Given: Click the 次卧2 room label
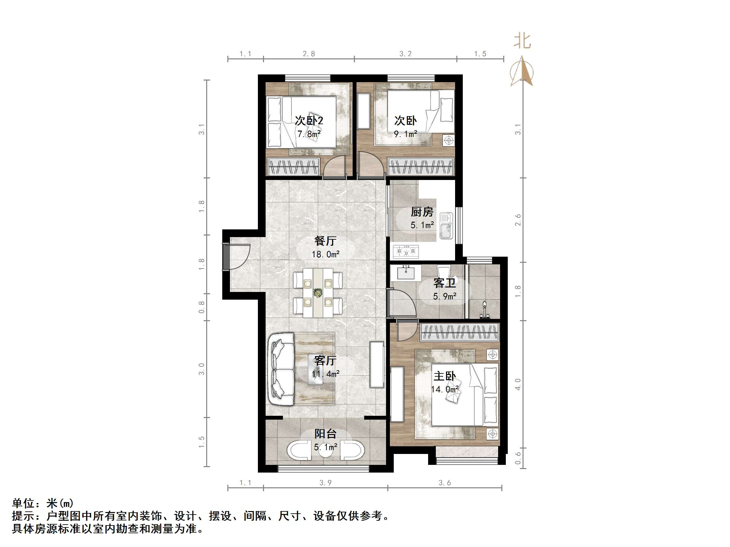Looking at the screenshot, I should tap(309, 121).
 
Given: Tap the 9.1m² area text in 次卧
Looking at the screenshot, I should tap(405, 134).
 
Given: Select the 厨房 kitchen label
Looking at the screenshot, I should tap(422, 212).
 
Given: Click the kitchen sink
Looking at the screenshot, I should tap(446, 226).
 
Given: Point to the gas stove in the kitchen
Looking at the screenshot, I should tap(406, 252).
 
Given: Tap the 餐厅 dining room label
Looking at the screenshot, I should tap(325, 241).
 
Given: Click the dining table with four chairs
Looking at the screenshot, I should tap(318, 293).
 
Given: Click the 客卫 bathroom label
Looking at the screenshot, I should tap(444, 283).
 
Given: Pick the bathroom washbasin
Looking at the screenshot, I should tap(406, 273).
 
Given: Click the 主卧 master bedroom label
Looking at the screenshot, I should tap(444, 376).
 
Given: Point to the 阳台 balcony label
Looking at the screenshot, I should tap(325, 434).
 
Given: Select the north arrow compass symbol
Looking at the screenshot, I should tap(522, 72).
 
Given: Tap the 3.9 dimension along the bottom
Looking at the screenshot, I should tap(325, 483).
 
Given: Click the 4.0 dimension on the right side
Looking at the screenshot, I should tap(518, 384).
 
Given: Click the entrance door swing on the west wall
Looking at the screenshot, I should tap(239, 257).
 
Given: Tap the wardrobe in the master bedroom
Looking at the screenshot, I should tap(459, 332).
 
